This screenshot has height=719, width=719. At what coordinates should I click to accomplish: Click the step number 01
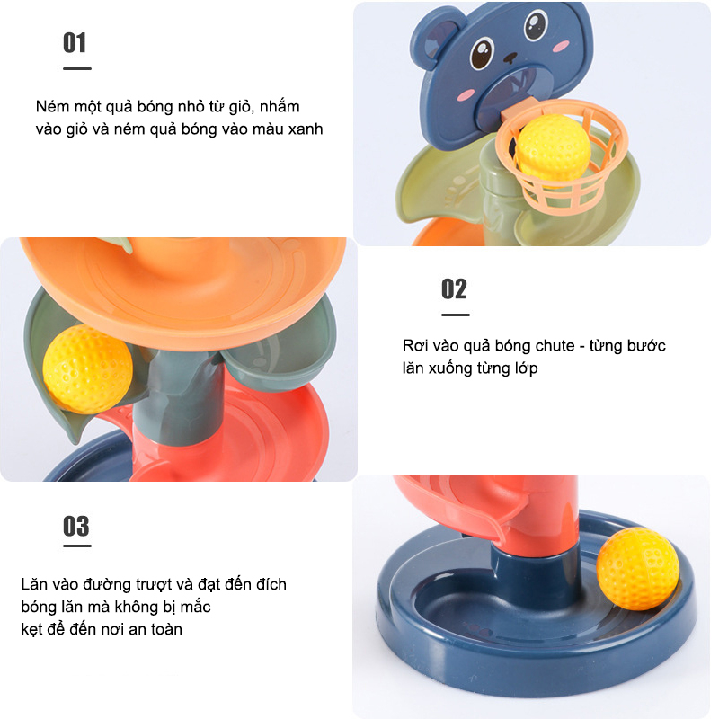pyautogui.click(x=75, y=43)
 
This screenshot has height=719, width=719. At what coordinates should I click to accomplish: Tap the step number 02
pyautogui.click(x=454, y=289)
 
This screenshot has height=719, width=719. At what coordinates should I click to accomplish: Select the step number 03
pyautogui.click(x=76, y=527)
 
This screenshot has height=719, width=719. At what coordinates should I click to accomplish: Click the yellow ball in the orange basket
pyautogui.click(x=553, y=147)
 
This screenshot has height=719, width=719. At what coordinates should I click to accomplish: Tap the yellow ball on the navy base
pyautogui.click(x=638, y=569)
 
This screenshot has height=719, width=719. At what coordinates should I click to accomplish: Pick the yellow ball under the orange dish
pyautogui.click(x=87, y=369)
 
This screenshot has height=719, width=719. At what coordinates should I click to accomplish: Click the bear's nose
pyautogui.click(x=510, y=58)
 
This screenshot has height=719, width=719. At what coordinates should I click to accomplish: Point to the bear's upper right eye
pyautogui.click(x=536, y=24)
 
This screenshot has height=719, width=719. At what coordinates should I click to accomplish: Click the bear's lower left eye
pyautogui.click(x=482, y=54)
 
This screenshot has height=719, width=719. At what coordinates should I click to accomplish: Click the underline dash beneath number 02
pyautogui.click(x=456, y=315)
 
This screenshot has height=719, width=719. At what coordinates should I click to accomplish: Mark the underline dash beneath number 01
pyautogui.click(x=77, y=69)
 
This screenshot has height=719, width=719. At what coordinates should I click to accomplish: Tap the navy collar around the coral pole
pyautogui.click(x=536, y=568)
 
